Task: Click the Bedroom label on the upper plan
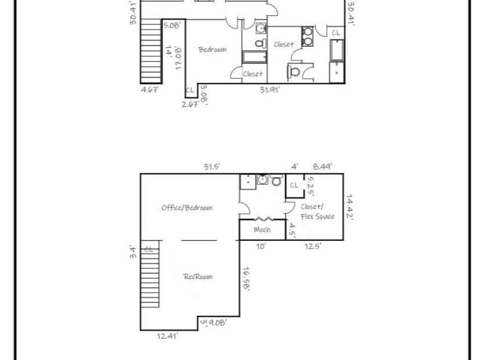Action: (x=212, y=50)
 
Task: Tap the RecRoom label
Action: (x=198, y=276)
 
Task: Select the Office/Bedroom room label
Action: (x=187, y=207)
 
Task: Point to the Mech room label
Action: (x=261, y=230)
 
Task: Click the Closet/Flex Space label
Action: (x=317, y=211)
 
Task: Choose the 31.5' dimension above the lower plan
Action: (x=212, y=166)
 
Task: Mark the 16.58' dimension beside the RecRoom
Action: (x=246, y=279)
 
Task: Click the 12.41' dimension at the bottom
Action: (x=168, y=336)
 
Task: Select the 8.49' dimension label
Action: (x=323, y=166)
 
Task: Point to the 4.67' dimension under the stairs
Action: (x=150, y=89)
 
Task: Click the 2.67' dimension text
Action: (x=190, y=104)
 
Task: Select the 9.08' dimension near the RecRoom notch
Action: (x=217, y=322)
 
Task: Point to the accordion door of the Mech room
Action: (x=261, y=219)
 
